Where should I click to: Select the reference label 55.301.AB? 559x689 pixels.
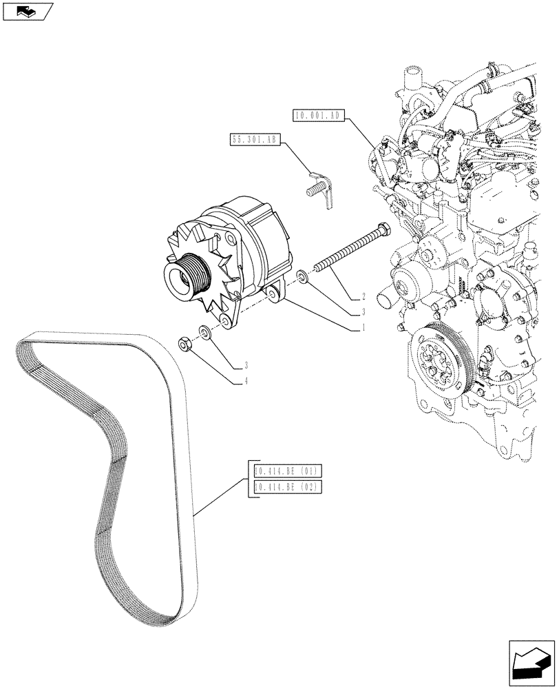point(253,140)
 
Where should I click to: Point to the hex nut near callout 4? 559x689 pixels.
point(184,342)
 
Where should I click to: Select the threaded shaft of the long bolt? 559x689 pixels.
point(344,251)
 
